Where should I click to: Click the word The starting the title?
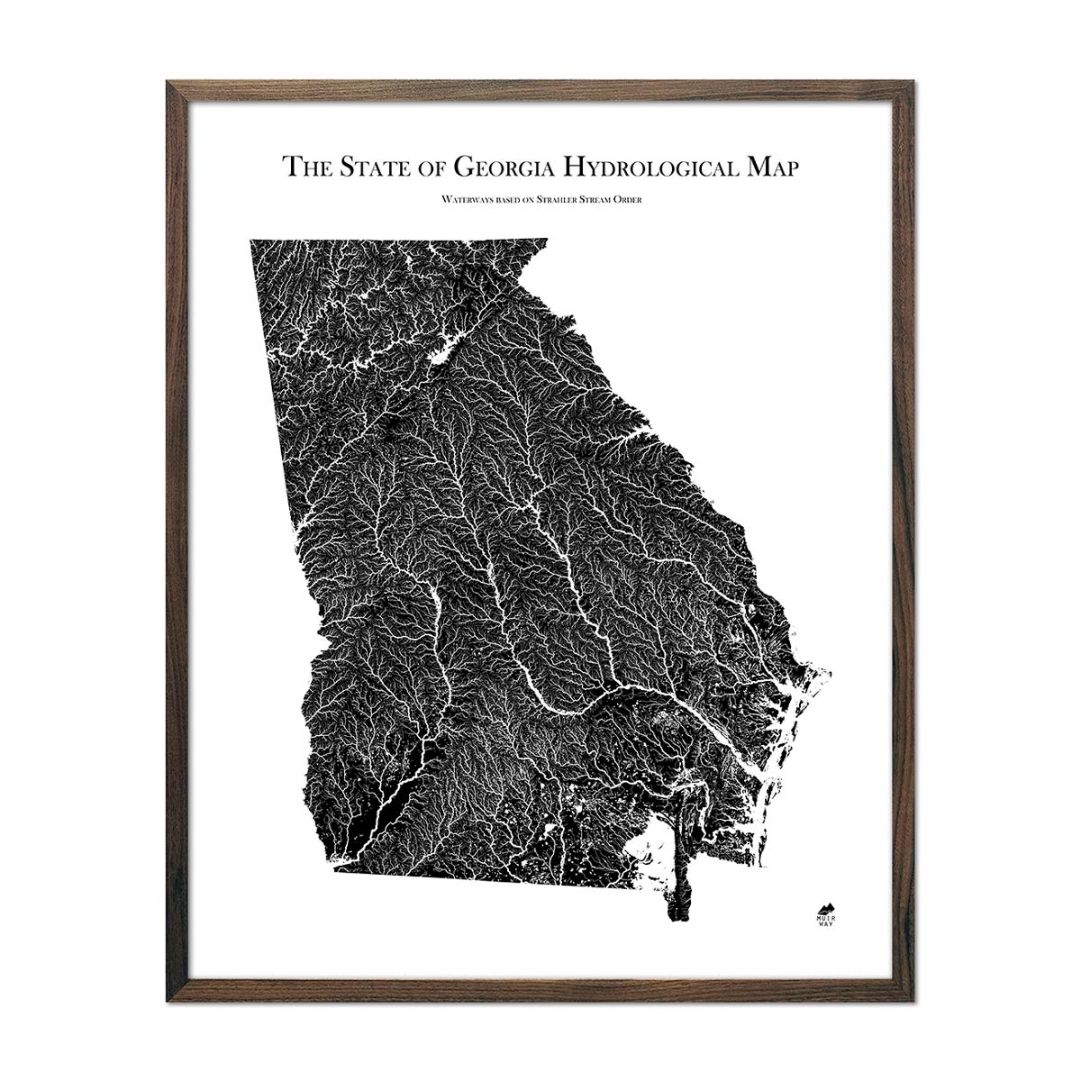click(304, 168)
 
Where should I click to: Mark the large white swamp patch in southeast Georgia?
click(653, 851)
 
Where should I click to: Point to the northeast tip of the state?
click(546, 240)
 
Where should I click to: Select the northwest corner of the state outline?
click(250, 240)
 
